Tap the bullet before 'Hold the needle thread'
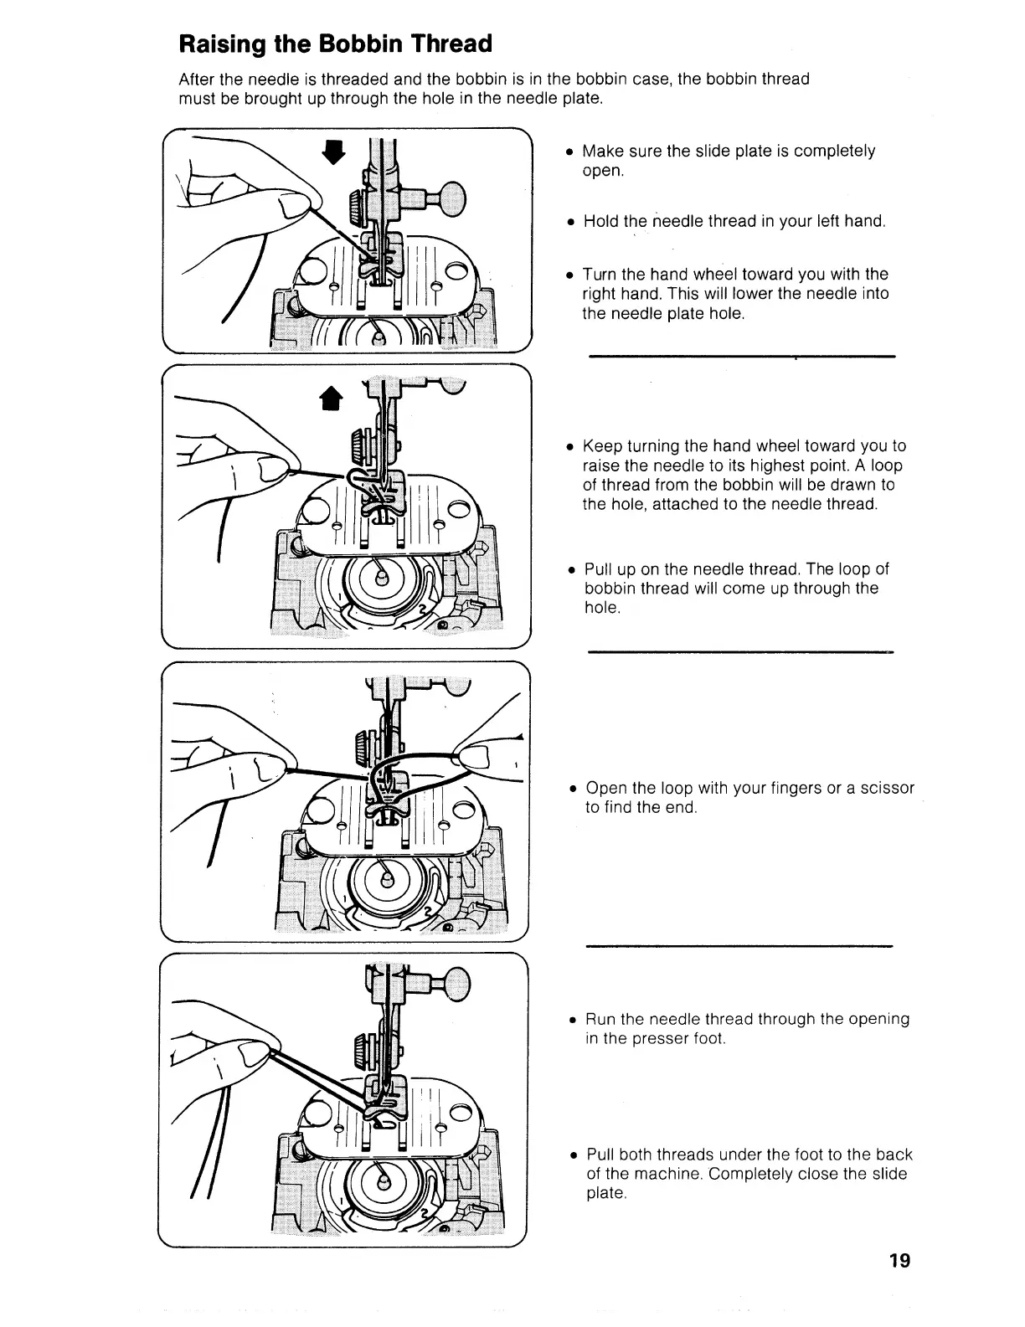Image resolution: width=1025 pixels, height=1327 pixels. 569,223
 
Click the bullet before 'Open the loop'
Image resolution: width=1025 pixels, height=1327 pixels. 572,790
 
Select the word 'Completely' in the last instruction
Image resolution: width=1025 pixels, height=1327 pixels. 746,1174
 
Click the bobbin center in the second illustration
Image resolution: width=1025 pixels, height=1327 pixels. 381,578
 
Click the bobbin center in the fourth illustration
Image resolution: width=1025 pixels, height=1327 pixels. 384,1180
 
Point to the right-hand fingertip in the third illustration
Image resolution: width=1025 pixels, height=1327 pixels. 474,758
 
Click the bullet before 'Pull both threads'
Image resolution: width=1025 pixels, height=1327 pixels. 572,1156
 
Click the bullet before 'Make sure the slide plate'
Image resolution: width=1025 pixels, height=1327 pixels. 569,152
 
